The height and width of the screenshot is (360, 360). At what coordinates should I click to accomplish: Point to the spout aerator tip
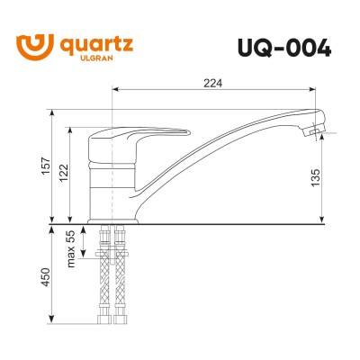click(x=311, y=131)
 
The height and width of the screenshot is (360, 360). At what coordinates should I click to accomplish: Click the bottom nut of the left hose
click(x=101, y=318)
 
